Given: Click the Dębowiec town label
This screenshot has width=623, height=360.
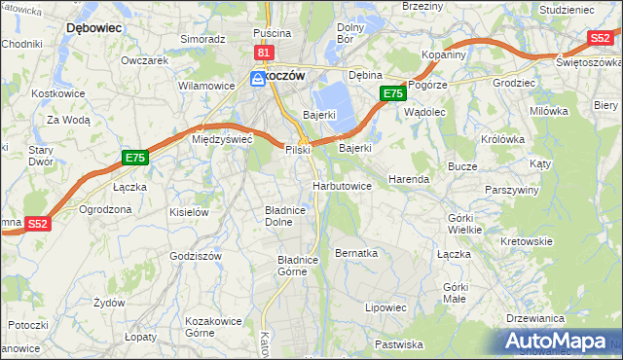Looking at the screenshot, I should tap(93, 28).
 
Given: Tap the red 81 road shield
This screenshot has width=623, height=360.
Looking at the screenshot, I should tap(264, 52).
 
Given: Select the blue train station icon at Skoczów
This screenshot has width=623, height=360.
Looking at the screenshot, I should tap(257, 78).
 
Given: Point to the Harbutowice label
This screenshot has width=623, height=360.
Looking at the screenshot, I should tap(341, 185).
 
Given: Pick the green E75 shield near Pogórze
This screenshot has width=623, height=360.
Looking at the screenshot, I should tap(392, 93).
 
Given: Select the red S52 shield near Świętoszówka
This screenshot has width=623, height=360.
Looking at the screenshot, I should tap(600, 38).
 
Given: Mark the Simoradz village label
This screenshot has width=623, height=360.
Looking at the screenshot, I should tap(202, 39).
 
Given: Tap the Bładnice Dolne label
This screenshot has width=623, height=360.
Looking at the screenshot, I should tap(286, 215).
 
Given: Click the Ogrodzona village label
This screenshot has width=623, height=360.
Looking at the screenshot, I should tap(105, 209).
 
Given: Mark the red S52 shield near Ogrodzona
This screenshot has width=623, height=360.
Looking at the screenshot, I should tap(37, 223).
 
